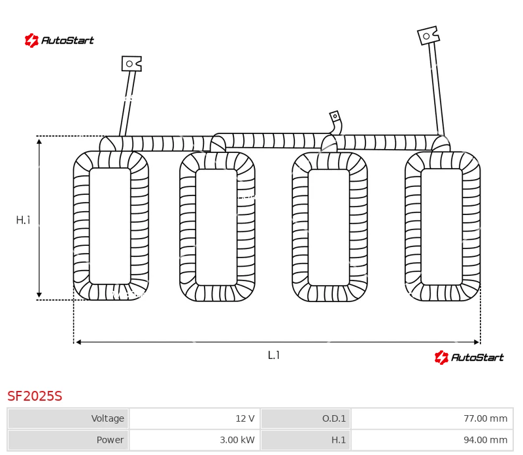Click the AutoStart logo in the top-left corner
pyautogui.click(x=59, y=41)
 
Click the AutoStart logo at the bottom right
pyautogui.click(x=469, y=357)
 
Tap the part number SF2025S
pyautogui.click(x=35, y=396)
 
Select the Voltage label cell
pyautogui.click(x=68, y=418)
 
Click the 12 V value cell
pyautogui.click(x=195, y=418)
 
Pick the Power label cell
pyautogui.click(x=68, y=440)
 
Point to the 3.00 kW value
pyautogui.click(x=237, y=440)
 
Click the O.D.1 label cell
pyautogui.click(x=305, y=418)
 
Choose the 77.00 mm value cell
pyautogui.click(x=432, y=418)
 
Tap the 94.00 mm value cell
pyautogui.click(x=432, y=440)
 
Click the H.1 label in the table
pyautogui.click(x=338, y=440)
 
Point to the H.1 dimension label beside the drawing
pyautogui.click(x=23, y=220)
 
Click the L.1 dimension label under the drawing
pyautogui.click(x=273, y=355)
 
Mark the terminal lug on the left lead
pyautogui.click(x=131, y=63)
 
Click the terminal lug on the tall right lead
pyautogui.click(x=428, y=35)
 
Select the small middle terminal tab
pyautogui.click(x=335, y=116)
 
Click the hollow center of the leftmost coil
pyautogui.click(x=110, y=226)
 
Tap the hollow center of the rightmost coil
pyautogui.click(x=442, y=227)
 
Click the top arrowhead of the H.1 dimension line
pyautogui.click(x=39, y=142)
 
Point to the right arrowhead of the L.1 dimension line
pyautogui.click(x=477, y=342)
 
